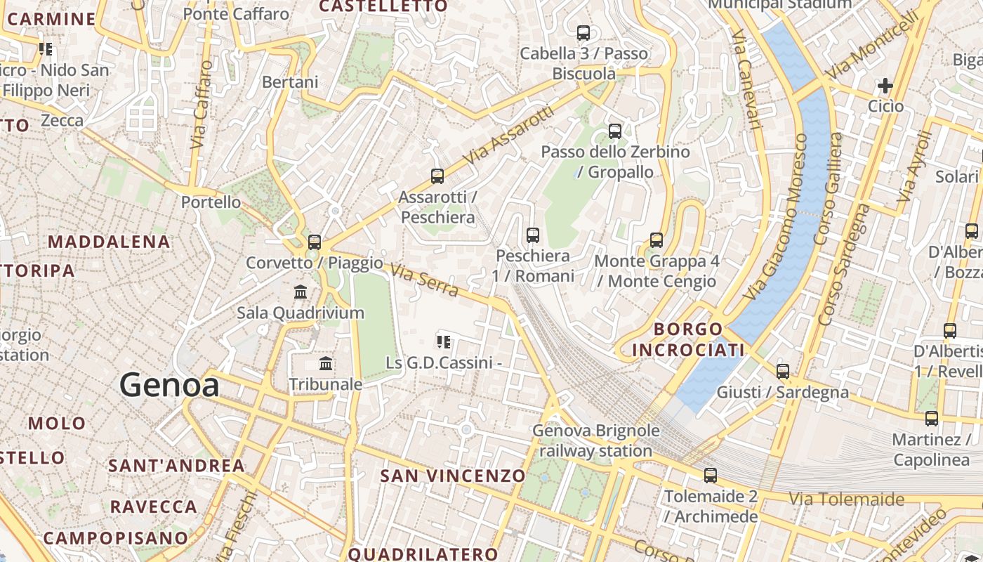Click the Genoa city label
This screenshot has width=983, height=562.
point(169,385)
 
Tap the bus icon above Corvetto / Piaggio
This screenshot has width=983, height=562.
point(315,242)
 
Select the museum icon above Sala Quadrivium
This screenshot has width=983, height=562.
point(301,292)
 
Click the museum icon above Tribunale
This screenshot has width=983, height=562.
point(326,364)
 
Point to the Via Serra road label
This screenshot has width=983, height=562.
point(424,280)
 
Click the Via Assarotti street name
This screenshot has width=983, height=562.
point(509,136)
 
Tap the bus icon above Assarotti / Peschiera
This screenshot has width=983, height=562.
point(437,176)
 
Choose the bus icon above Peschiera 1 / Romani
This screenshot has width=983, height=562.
point(533,235)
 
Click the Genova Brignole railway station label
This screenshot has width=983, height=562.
point(596,440)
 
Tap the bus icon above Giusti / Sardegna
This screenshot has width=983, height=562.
point(783,372)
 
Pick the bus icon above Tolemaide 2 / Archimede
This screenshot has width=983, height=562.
point(711,476)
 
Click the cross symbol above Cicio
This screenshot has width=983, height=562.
point(885,86)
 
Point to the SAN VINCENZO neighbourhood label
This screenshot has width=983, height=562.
point(453,476)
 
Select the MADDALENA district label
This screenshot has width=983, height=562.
point(109,242)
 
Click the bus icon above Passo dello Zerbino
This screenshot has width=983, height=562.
point(615,131)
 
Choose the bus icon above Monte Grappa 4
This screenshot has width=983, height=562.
point(657,240)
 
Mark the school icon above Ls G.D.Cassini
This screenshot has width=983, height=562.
point(444,342)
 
